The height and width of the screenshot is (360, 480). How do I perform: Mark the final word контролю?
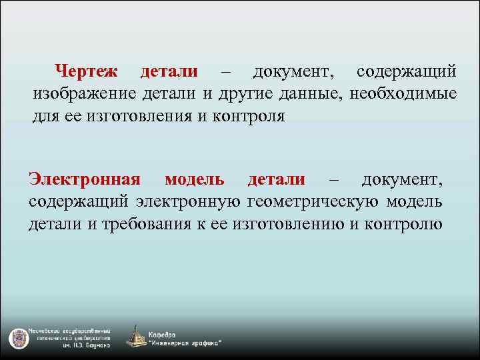coord(405,224)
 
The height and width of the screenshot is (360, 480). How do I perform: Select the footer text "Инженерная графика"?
coord(186,343)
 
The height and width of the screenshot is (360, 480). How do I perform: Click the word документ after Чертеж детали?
coord(294,71)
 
